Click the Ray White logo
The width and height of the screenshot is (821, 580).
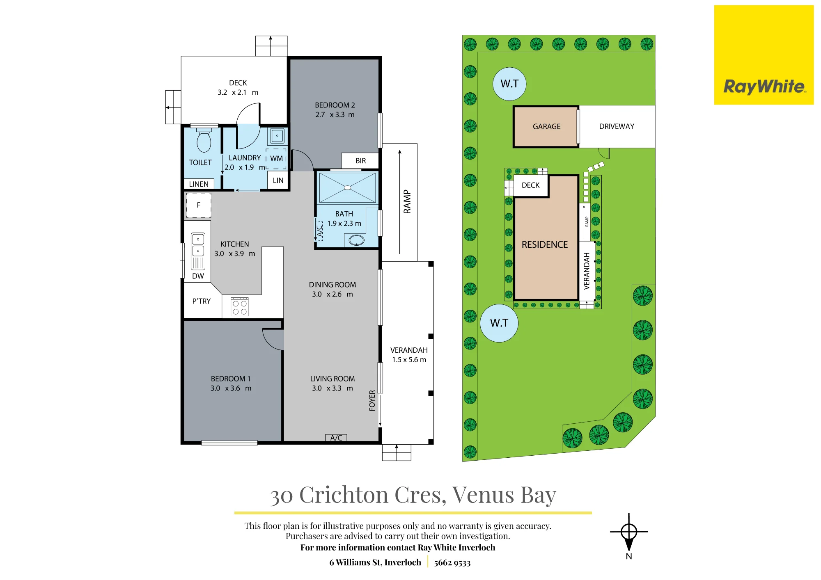coord(764,55)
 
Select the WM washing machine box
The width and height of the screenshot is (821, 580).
coord(276,159)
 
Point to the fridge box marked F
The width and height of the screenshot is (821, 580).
coord(199,205)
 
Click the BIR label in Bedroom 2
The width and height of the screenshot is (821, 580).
coord(361,161)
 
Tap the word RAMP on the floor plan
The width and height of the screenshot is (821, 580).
coord(407,202)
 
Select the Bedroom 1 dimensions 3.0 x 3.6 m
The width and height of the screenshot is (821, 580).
coord(231,388)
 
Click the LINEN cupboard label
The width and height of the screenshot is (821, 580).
coord(199,184)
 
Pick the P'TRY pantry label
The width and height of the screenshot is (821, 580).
coord(201,301)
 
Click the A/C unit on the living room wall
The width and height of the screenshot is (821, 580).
coord(336,438)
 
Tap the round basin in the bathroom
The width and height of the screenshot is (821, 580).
coord(356,240)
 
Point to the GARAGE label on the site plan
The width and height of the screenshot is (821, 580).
coord(546,126)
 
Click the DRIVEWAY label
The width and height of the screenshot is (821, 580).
coord(617,126)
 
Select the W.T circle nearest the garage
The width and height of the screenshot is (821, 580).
coord(509,84)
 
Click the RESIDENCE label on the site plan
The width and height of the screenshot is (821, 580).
coord(545,244)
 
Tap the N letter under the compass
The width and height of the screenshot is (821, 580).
coord(629,556)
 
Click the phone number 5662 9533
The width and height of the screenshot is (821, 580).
coord(452,563)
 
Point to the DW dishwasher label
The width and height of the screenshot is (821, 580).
coord(198,276)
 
